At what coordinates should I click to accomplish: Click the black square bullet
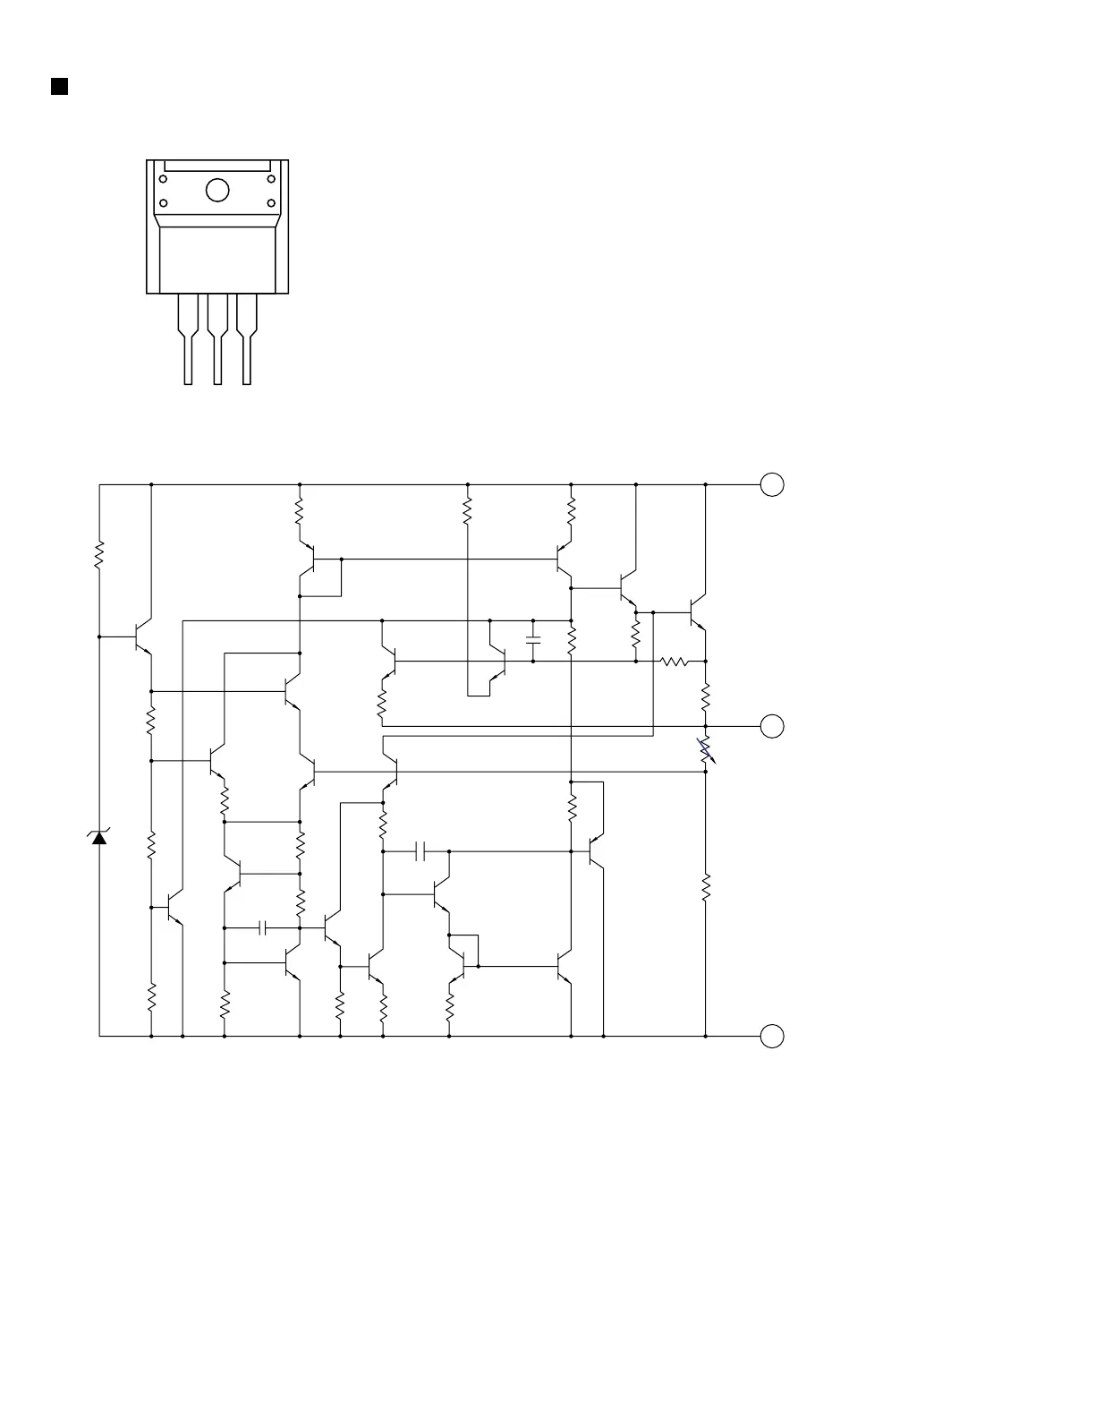[59, 86]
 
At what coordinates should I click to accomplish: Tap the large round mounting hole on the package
[217, 191]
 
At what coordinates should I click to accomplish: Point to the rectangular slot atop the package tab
[217, 166]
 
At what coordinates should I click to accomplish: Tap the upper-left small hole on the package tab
[164, 179]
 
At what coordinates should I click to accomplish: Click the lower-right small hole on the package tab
[271, 202]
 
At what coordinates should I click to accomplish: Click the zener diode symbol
[99, 837]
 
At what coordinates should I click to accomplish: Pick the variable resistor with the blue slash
[706, 751]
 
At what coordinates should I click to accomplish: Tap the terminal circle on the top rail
[772, 484]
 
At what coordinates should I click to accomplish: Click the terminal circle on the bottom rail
[772, 1036]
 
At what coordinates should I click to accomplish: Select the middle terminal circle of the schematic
[772, 726]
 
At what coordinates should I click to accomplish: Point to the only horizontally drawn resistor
[675, 662]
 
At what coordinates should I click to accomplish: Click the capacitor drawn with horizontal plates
[533, 640]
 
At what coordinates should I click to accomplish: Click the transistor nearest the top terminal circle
[697, 612]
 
